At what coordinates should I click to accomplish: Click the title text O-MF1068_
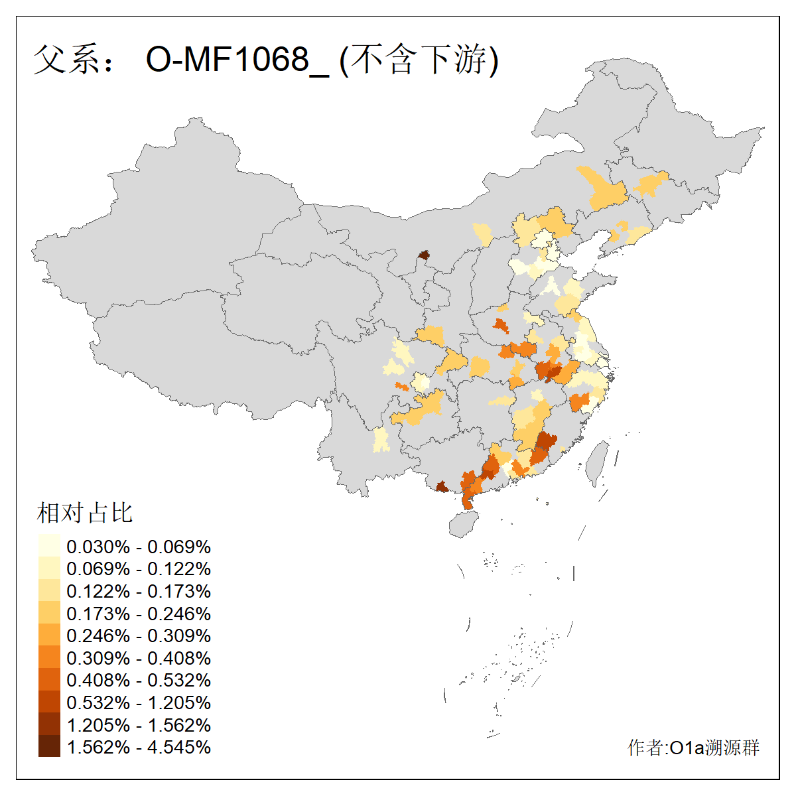(237, 60)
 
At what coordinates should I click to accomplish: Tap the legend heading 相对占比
(85, 513)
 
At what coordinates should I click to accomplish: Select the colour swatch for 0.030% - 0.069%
(49, 546)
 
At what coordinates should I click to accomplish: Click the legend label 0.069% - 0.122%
(139, 569)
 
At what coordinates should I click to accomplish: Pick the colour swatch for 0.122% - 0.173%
(49, 591)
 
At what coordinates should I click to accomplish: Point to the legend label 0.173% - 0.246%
(139, 614)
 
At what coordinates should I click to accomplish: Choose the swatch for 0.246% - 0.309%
(49, 635)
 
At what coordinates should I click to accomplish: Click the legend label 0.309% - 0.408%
(139, 658)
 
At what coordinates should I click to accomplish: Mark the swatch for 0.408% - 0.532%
(49, 680)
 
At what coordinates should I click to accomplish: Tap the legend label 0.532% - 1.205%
(139, 702)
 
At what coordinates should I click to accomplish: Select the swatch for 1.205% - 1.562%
(49, 724)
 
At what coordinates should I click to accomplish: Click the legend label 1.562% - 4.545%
(139, 747)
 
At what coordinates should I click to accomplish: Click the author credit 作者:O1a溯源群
(693, 748)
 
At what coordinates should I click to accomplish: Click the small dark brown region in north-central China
(424, 255)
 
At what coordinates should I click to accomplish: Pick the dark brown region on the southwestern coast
(441, 488)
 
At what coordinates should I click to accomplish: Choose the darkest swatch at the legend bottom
(49, 747)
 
